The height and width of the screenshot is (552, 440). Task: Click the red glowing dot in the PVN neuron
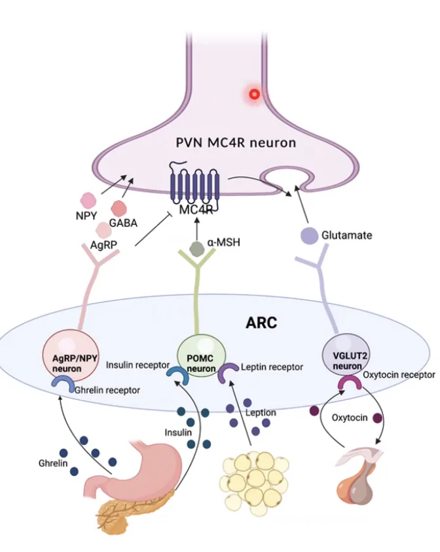(254, 94)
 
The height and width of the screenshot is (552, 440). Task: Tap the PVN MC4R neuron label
(236, 142)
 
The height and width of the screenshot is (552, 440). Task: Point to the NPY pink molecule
(88, 200)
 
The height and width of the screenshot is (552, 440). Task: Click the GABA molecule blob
(119, 208)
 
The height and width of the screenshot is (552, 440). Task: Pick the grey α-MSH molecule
(196, 249)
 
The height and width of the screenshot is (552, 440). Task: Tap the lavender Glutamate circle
(310, 236)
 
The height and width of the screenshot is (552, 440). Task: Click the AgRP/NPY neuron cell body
(70, 355)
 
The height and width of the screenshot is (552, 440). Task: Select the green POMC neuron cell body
(201, 355)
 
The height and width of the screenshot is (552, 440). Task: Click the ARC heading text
(261, 323)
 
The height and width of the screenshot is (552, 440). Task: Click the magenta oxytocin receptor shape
(350, 382)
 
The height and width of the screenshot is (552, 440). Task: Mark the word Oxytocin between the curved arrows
(350, 418)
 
